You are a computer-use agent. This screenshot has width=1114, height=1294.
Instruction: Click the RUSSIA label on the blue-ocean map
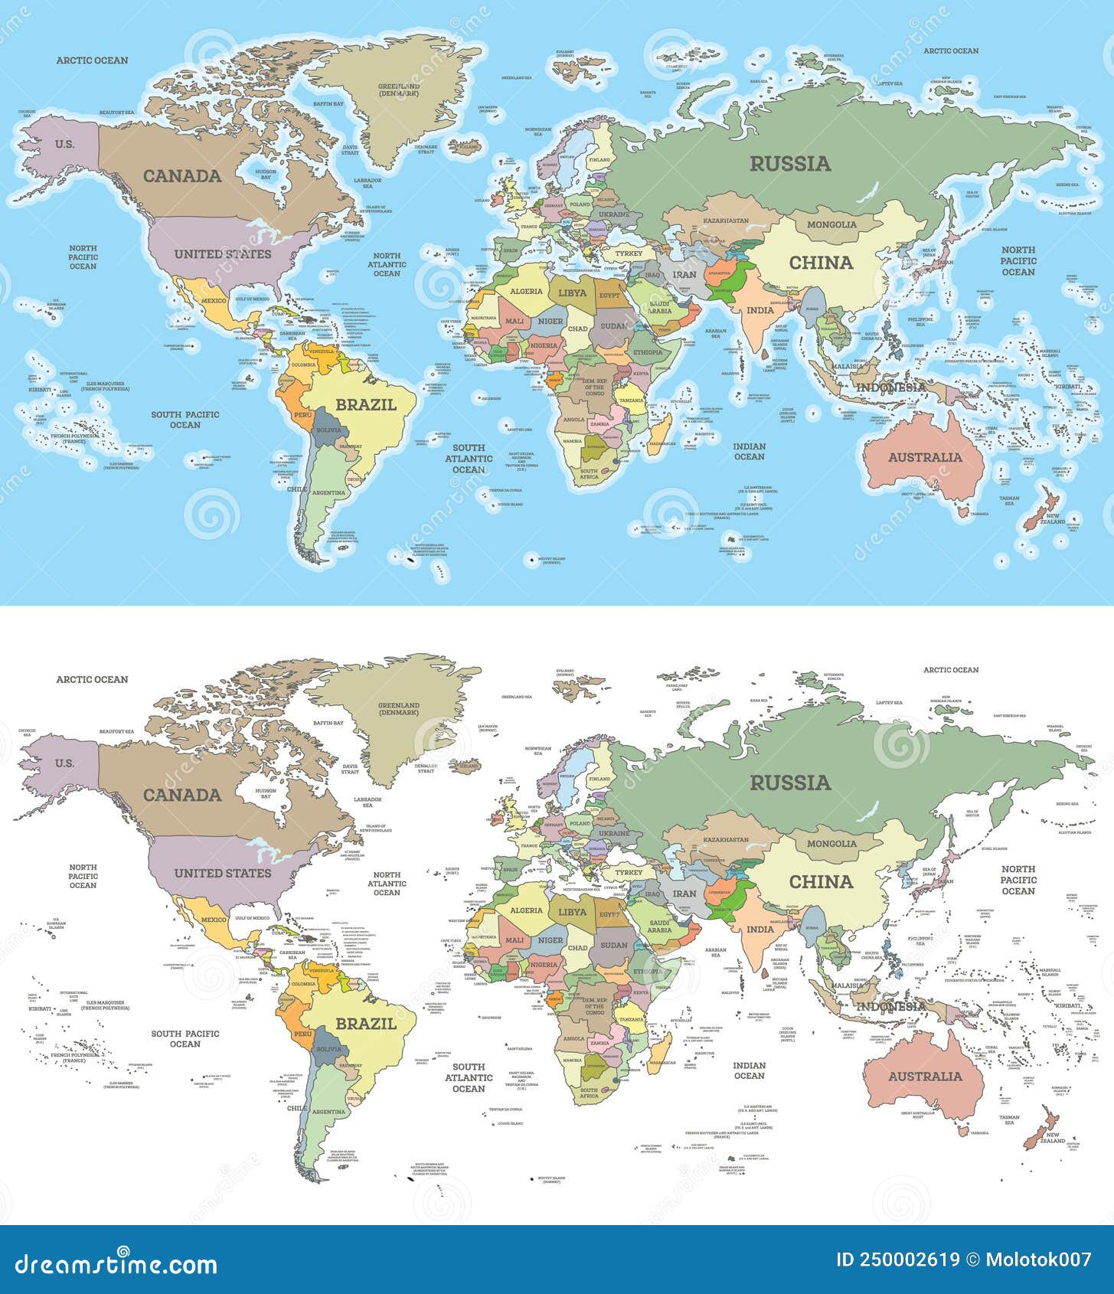790,163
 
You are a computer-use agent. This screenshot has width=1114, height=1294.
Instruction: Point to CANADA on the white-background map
182,795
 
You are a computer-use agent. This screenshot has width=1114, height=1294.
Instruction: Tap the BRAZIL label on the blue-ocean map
366,404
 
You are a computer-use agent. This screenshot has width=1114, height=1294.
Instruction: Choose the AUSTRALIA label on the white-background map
925,1077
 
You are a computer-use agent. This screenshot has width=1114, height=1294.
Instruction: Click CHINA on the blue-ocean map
821,263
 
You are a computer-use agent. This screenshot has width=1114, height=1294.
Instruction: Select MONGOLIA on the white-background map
832,843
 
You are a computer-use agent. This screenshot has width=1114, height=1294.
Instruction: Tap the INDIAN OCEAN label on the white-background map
749,1070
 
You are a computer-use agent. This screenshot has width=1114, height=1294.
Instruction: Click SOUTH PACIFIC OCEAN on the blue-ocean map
185,420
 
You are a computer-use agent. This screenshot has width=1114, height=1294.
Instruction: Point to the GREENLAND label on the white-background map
399,708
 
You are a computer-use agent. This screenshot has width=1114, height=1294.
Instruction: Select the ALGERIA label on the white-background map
526,910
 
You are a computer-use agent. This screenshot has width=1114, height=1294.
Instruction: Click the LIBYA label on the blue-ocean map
572,292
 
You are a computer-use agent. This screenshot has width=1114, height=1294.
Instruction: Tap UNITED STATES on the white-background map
222,873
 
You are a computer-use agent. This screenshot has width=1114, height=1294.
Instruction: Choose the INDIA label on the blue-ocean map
760,310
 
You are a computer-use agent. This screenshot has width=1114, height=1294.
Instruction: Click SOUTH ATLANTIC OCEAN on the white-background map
469,1077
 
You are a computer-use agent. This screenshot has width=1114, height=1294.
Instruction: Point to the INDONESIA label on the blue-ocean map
890,387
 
